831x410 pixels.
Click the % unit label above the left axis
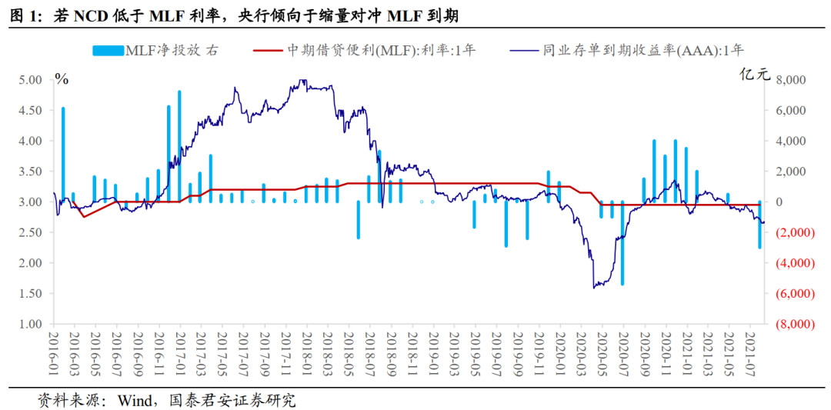click(62, 78)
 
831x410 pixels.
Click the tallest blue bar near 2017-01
click(179, 146)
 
